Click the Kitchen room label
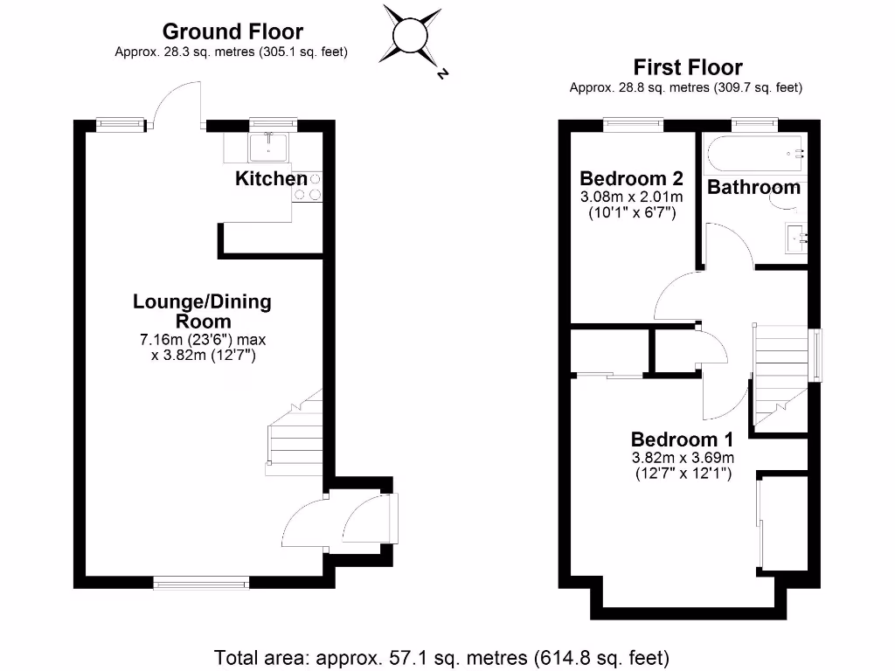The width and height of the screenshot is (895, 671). [271, 179]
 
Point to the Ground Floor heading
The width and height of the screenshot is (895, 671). [232, 32]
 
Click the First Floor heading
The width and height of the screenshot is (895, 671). [688, 67]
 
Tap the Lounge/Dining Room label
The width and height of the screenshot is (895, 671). [202, 311]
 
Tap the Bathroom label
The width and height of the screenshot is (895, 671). [753, 187]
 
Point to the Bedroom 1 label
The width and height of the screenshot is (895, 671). [683, 439]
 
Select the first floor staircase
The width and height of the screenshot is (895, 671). [781, 377]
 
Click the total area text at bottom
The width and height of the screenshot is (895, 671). [442, 656]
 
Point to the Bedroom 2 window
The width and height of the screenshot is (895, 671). [633, 124]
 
